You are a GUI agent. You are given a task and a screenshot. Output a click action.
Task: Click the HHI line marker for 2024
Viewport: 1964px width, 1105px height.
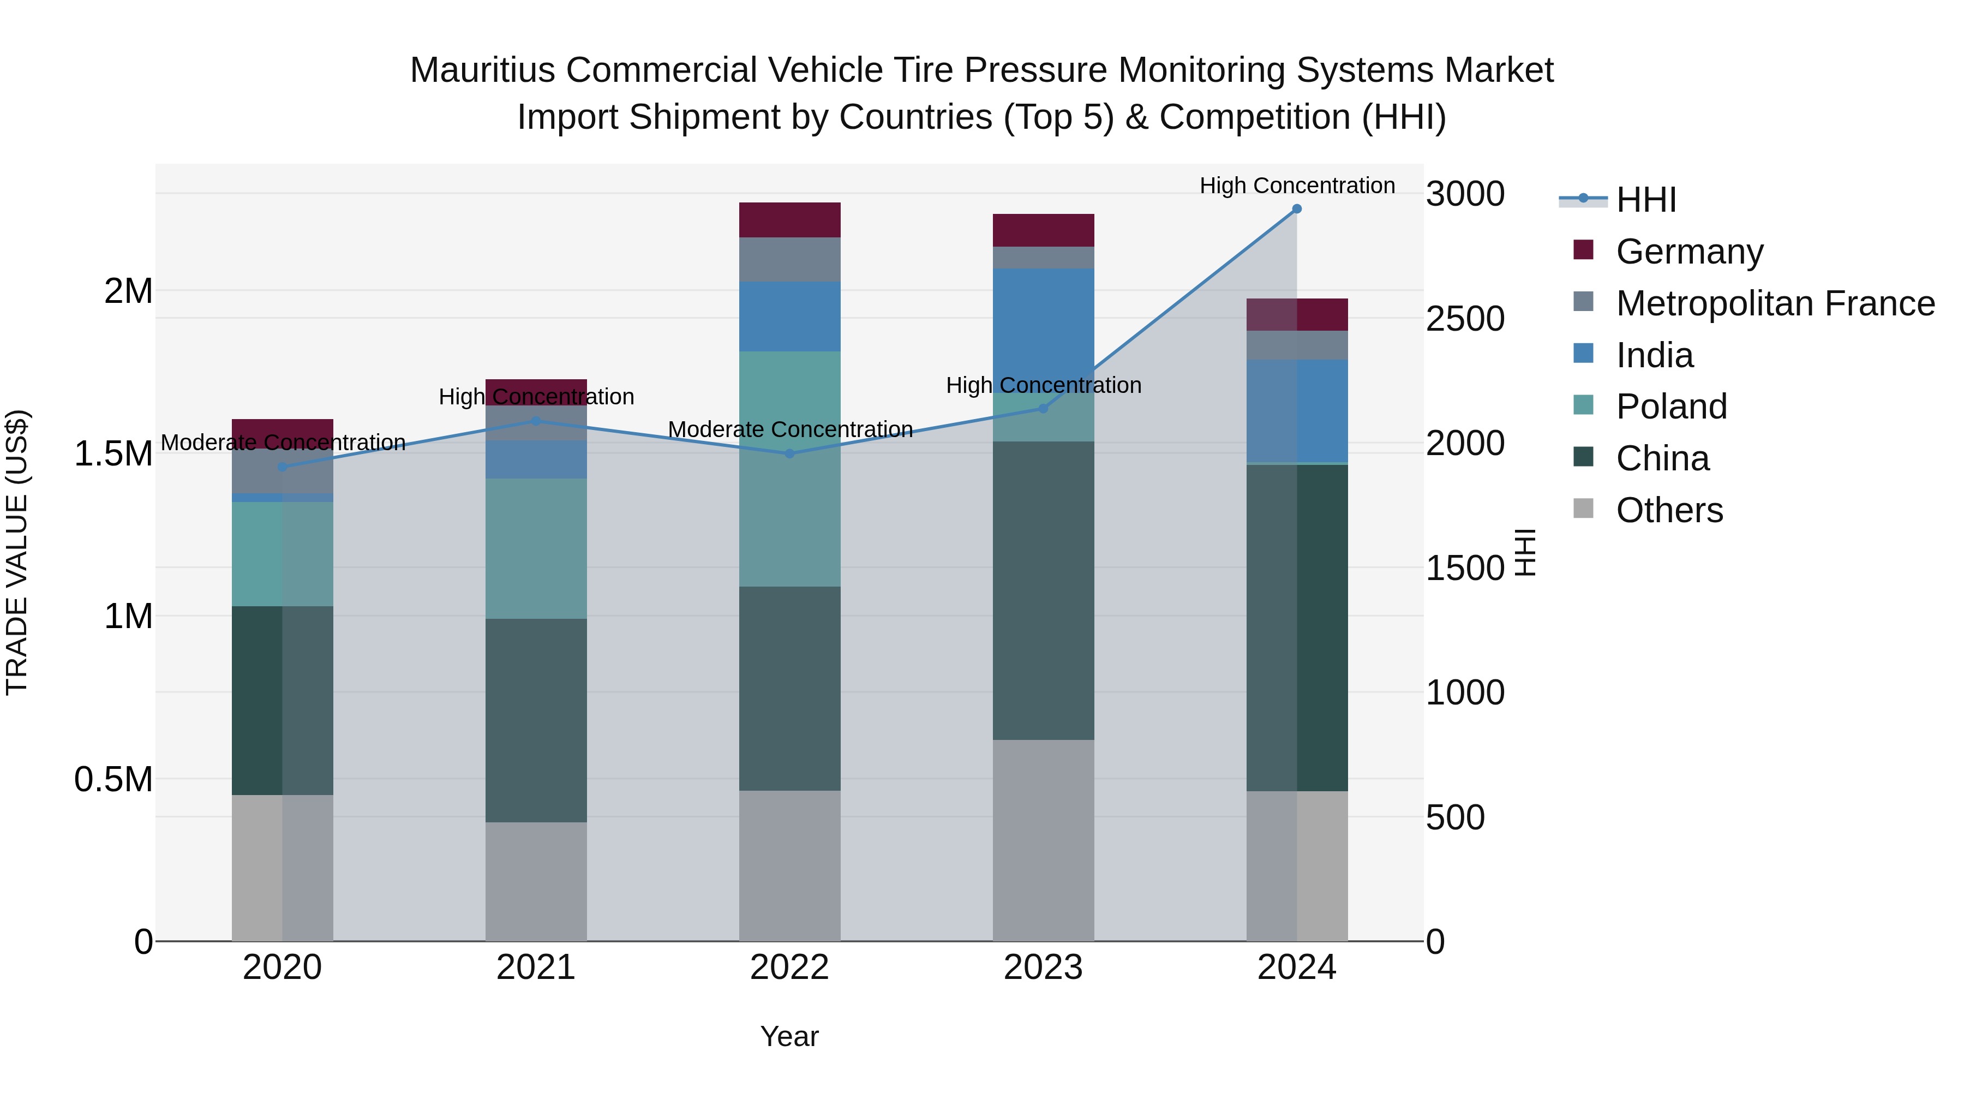pyautogui.click(x=1296, y=209)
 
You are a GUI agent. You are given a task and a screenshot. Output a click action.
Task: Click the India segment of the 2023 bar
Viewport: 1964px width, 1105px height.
pyautogui.click(x=1043, y=320)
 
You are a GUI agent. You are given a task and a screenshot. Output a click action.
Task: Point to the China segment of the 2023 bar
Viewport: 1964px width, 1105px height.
pyautogui.click(x=1043, y=590)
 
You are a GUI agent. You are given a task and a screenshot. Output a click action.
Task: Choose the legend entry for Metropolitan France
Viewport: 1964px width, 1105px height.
pyautogui.click(x=1775, y=303)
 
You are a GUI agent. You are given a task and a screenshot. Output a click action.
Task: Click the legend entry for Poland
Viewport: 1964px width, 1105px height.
pyautogui.click(x=1671, y=407)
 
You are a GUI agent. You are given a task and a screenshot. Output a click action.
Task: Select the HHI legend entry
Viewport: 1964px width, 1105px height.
pyautogui.click(x=1645, y=200)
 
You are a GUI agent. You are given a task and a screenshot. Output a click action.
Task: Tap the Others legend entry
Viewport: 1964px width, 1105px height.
pyautogui.click(x=1669, y=510)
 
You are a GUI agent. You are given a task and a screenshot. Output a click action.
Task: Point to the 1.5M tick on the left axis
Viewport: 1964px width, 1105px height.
pyautogui.click(x=113, y=454)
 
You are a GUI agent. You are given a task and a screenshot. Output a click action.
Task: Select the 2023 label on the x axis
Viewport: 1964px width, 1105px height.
pyautogui.click(x=1043, y=967)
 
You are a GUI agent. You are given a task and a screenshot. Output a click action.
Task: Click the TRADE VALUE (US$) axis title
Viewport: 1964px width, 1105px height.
pyautogui.click(x=17, y=552)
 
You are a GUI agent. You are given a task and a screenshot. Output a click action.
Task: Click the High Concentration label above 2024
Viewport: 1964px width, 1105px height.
pyautogui.click(x=1296, y=186)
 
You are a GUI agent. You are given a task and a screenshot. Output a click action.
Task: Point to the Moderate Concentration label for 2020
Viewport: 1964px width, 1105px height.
pyautogui.click(x=283, y=443)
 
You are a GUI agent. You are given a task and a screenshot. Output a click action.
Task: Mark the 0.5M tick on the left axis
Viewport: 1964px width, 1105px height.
pyautogui.click(x=113, y=779)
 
